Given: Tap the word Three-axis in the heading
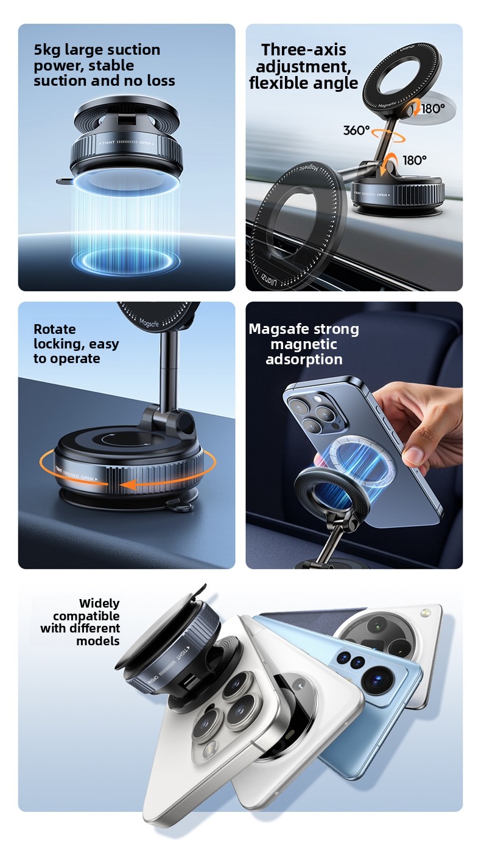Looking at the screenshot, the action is click(304, 50).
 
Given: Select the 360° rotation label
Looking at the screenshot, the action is click(356, 130).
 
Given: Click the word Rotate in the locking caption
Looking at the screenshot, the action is click(54, 329).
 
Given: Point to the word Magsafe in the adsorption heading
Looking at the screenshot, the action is click(278, 330).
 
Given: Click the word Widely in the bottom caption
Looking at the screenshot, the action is click(99, 603).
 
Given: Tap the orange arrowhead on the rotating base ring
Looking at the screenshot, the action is click(128, 485).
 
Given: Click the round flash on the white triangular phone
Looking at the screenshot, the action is click(426, 612).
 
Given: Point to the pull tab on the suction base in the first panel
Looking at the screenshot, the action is click(65, 180).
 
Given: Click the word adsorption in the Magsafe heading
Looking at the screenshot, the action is click(304, 359).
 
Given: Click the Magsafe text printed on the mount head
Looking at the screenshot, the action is click(149, 323).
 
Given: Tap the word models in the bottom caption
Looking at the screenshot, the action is click(98, 642).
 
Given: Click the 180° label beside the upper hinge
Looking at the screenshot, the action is click(433, 109).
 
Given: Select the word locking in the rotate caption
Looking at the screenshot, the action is click(56, 344).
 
